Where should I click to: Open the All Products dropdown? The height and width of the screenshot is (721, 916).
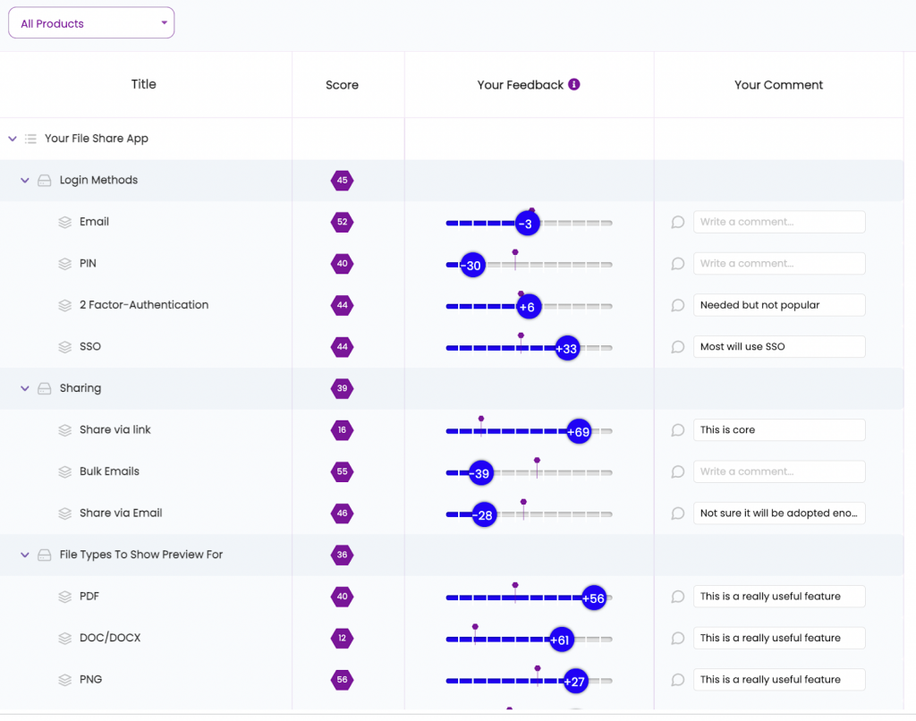coord(91,23)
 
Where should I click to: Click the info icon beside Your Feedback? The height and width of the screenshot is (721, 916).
coord(574,84)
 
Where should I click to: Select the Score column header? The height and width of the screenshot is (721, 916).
coord(342,85)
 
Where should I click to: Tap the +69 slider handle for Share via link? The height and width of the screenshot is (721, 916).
coord(579,432)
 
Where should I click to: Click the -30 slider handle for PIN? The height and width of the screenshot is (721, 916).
coord(472,266)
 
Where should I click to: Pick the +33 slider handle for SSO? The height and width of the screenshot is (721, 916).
coord(566,349)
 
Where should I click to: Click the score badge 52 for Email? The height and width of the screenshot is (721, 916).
coord(342,222)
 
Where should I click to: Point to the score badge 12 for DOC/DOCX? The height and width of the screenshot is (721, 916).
coord(342,638)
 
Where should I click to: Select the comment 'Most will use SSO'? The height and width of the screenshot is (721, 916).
coord(778,346)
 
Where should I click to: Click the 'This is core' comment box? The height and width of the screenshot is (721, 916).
coord(778,429)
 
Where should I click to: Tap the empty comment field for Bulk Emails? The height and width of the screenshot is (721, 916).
coord(778,471)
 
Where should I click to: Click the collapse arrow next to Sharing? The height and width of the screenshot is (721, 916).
coord(25,388)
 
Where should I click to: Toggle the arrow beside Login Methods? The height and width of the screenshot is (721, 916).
coord(25,180)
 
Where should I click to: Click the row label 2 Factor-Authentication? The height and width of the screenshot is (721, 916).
coord(144,305)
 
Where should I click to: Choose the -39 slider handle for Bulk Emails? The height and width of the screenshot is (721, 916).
coord(481,473)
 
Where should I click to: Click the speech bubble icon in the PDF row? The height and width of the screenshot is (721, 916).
coord(678,597)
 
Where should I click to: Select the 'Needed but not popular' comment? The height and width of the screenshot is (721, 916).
coord(778,305)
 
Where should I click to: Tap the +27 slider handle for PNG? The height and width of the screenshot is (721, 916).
coord(574,682)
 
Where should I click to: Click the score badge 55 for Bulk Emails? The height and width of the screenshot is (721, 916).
coord(342,471)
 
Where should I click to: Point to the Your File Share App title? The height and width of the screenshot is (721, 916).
coord(97,139)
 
